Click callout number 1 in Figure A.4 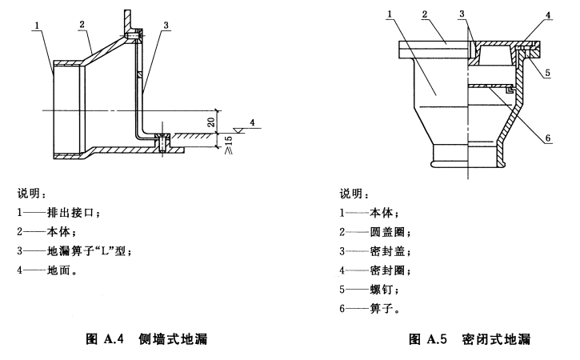pyautogui.click(x=38, y=26)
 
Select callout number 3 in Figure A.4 pyautogui.click(x=165, y=26)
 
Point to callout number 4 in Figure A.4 pyautogui.click(x=252, y=122)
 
